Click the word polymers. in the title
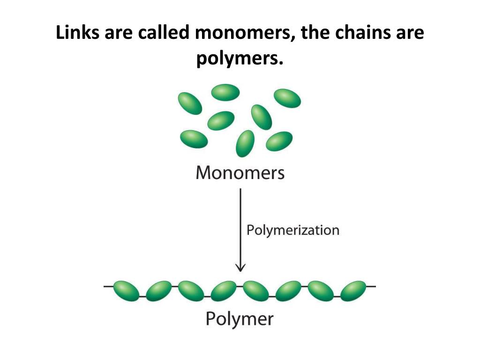tap(240, 59)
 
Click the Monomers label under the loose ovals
tap(240, 173)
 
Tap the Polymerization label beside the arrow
tap(293, 230)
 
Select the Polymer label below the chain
tap(240, 319)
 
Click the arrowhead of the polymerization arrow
tap(240, 268)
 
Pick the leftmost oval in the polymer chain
tap(126, 291)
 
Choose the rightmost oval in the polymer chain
tap(352, 291)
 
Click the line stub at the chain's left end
tap(108, 285)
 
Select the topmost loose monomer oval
tap(225, 92)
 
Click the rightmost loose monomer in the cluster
tap(287, 98)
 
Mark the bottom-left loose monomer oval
tap(194, 139)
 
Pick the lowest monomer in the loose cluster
tap(245, 143)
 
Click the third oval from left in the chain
tap(191, 291)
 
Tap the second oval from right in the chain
tap(321, 291)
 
